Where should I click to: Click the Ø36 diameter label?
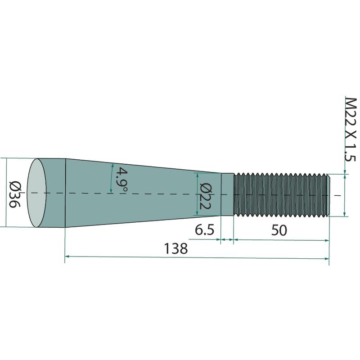coord(15,193)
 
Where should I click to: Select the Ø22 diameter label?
coord(205,196)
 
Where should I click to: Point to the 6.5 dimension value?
coord(204,230)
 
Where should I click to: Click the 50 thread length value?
coord(279,230)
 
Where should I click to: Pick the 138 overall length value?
coord(176,248)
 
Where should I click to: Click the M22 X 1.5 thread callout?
coord(351,130)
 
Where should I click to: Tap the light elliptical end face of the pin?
coord(37,193)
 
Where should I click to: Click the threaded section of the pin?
coord(280,195)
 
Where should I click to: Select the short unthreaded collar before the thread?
coord(227,194)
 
